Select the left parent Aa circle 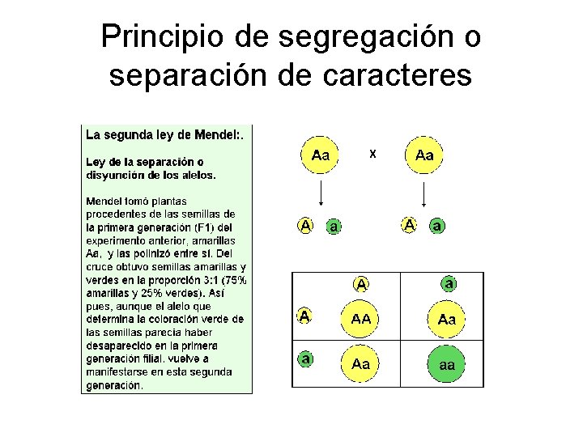pos(321,155)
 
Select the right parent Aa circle pos(423,155)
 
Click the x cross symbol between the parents pos(372,152)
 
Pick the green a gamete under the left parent pos(334,227)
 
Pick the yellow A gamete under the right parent pos(411,225)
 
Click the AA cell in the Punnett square pos(361,319)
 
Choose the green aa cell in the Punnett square pos(447,364)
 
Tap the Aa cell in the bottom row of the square pos(361,364)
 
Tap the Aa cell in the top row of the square pos(447,319)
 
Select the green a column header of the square pos(449,283)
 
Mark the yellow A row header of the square pos(304,316)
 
